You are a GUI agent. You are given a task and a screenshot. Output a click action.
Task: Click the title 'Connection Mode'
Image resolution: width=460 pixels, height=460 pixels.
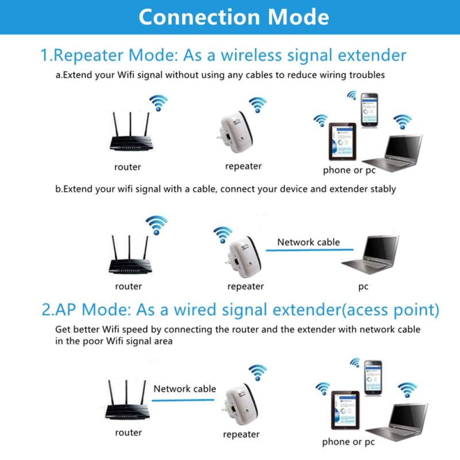click(x=233, y=17)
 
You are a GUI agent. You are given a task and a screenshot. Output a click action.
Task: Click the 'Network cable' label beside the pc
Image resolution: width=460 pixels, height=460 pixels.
click(x=308, y=242)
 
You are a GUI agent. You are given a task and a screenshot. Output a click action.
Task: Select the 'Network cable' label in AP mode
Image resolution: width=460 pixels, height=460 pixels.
click(x=185, y=389)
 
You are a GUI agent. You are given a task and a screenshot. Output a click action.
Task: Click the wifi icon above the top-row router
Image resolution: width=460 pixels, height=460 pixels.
click(x=158, y=103)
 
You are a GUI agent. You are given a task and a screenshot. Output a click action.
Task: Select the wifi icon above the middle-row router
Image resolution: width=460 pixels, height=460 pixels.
click(x=156, y=224)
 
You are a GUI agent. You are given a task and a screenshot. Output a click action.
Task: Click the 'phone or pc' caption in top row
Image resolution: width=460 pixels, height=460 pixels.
click(x=348, y=170)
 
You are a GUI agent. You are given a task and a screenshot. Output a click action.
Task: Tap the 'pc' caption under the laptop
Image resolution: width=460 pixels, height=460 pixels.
click(x=363, y=286)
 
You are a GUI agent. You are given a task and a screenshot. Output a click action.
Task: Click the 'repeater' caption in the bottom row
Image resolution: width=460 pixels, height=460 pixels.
click(x=241, y=434)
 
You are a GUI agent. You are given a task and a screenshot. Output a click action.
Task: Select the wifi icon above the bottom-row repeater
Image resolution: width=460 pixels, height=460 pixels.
click(x=258, y=372)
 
